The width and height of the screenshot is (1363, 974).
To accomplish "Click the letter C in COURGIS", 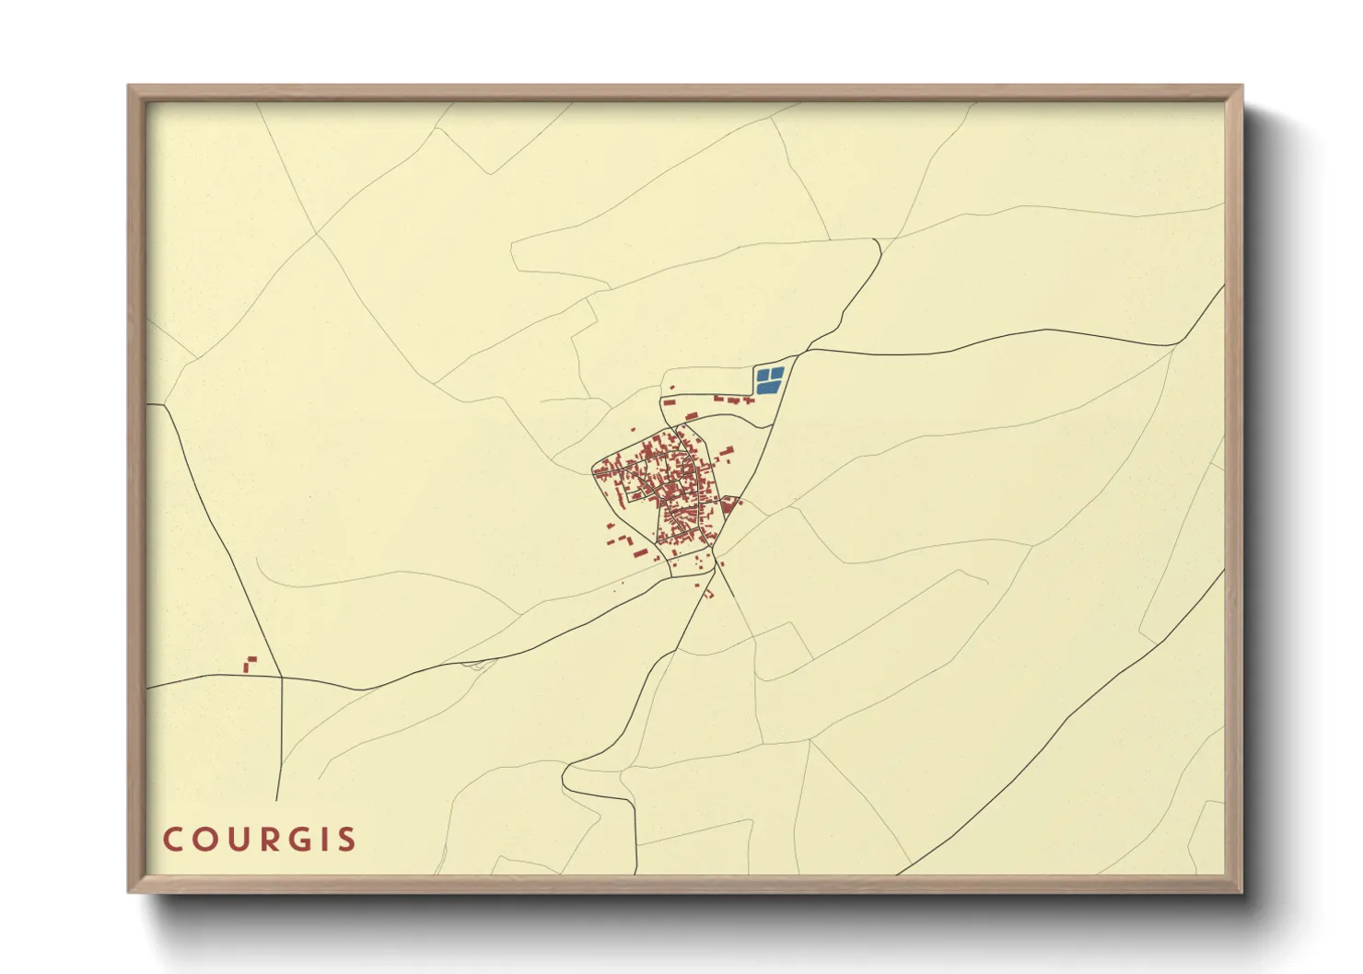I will pos(172,840).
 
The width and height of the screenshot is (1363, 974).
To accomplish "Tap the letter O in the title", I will pos(204,840).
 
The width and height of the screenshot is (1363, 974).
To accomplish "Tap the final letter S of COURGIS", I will pos(346,840).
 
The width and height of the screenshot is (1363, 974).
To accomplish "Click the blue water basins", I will pos(769,380).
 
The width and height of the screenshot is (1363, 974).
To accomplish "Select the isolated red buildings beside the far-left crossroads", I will pos(249,664).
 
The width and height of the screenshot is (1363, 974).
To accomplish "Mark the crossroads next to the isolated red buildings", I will pos(280,678).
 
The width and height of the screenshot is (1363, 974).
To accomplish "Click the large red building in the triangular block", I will pos(728,504).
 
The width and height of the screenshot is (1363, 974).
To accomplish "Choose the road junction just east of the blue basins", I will pos(793,357).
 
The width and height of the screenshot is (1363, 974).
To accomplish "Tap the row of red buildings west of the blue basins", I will pos(733,400).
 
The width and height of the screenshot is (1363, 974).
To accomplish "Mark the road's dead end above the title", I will pos(276,799).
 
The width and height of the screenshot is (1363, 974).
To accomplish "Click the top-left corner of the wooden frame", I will pos(129,87).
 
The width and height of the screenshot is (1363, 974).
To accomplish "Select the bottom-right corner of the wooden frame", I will pos(1241,891).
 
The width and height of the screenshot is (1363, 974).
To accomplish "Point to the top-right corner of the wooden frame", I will pos(1241,87).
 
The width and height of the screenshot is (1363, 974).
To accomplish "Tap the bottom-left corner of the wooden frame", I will pos(129,891).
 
